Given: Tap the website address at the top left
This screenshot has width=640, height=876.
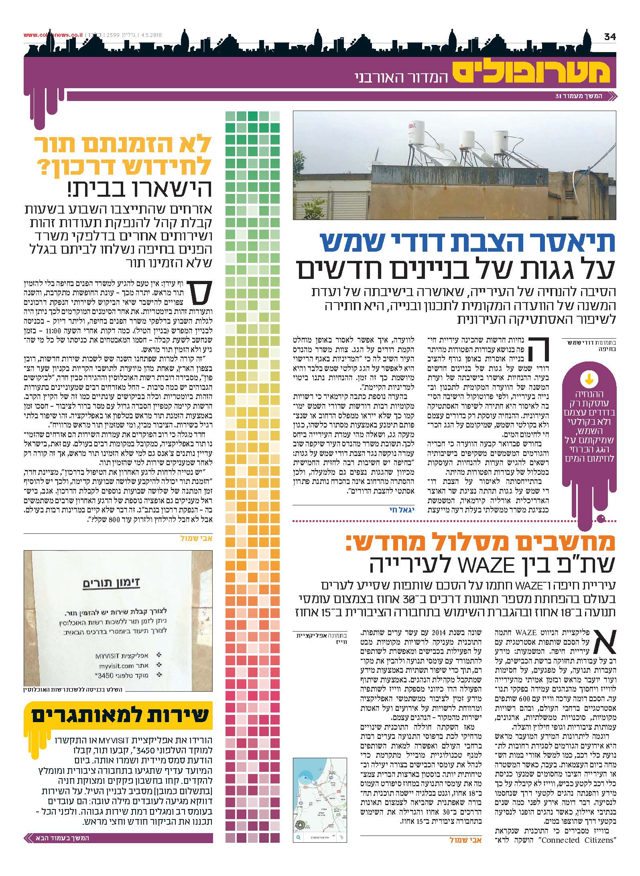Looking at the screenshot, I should pyautogui.click(x=53, y=35).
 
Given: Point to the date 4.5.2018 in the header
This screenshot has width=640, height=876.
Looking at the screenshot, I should pyautogui.click(x=150, y=35).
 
